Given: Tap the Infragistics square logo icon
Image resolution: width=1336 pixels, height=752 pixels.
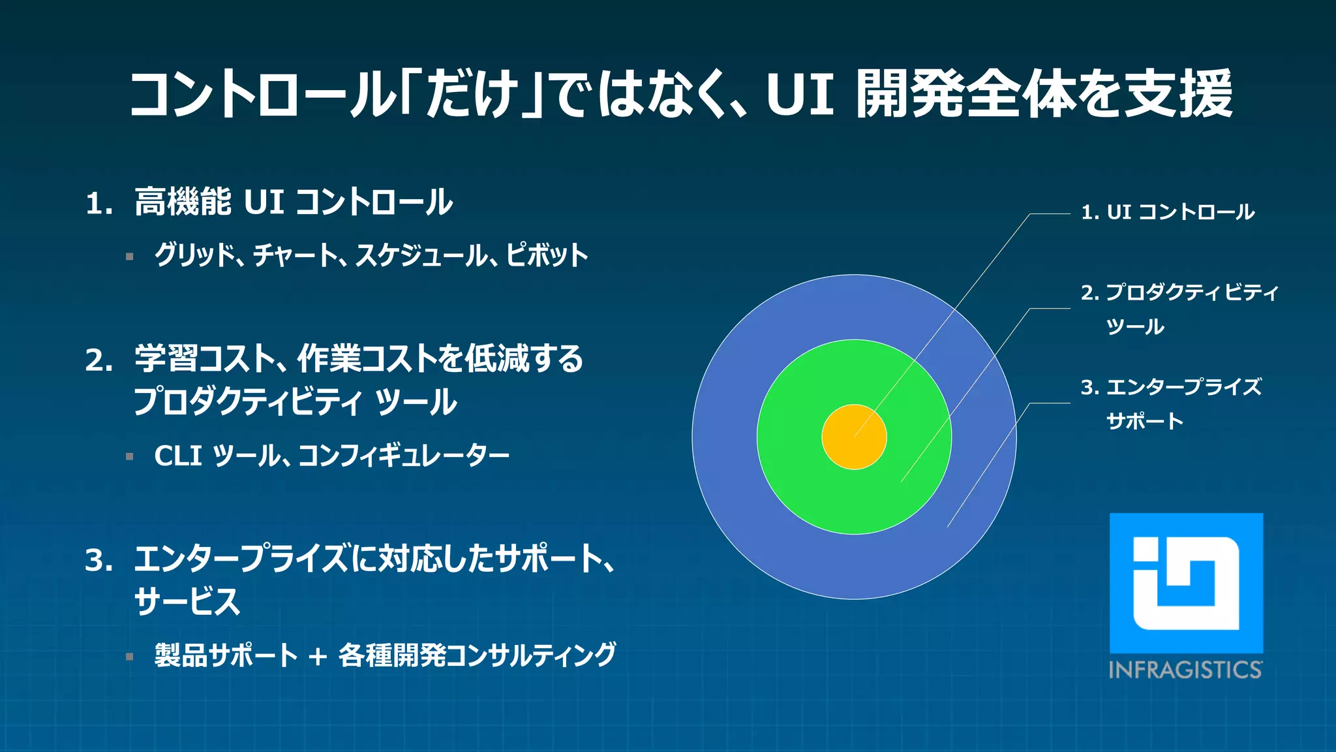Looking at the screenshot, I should (1186, 583).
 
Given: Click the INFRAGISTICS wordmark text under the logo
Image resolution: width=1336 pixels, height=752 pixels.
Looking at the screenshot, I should (1185, 670).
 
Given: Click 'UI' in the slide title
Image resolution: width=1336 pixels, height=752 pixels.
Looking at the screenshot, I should (800, 95).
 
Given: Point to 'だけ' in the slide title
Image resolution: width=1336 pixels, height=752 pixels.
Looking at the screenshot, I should (472, 95).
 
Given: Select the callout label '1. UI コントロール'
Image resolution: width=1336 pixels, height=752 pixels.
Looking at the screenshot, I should (1168, 212).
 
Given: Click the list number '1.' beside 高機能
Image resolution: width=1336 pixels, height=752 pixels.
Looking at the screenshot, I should (99, 204).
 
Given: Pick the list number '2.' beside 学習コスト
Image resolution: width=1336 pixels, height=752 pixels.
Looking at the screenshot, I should (99, 360).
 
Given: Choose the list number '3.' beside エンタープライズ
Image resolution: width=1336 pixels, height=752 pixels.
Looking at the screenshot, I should (99, 561).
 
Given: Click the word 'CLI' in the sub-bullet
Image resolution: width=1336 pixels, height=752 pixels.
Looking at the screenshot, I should (177, 456).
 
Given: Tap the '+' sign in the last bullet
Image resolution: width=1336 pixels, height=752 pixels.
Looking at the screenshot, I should (318, 656).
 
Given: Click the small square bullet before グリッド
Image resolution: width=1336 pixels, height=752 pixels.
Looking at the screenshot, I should (130, 257).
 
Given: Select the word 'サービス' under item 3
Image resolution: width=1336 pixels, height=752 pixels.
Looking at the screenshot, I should (187, 601).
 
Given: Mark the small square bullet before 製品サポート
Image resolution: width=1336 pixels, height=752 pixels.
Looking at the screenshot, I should (130, 657).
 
